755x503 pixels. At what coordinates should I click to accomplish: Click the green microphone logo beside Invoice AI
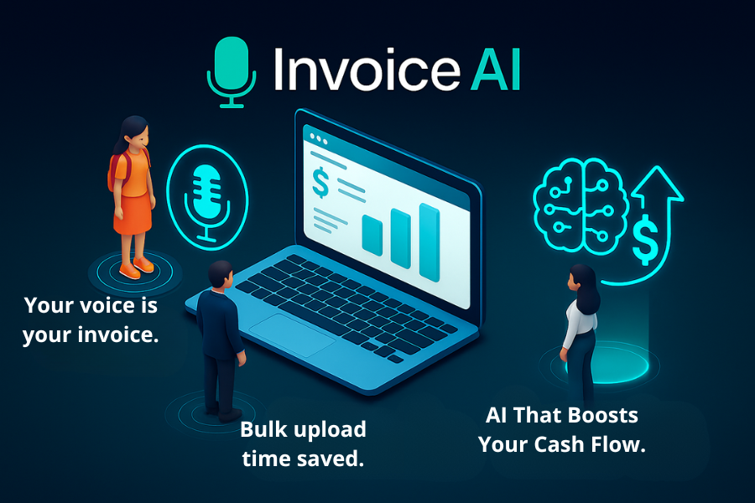click(232, 72)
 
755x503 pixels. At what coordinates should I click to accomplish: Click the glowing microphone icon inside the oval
click(207, 202)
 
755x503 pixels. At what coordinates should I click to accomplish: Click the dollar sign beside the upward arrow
click(645, 240)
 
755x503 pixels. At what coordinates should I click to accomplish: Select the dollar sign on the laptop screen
click(320, 183)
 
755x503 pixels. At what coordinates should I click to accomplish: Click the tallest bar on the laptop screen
click(430, 242)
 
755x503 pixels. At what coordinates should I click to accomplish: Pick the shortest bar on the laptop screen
click(372, 236)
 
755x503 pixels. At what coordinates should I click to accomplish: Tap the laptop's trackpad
click(292, 335)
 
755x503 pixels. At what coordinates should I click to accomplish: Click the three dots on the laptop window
click(318, 138)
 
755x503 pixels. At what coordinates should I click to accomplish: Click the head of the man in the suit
click(221, 275)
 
